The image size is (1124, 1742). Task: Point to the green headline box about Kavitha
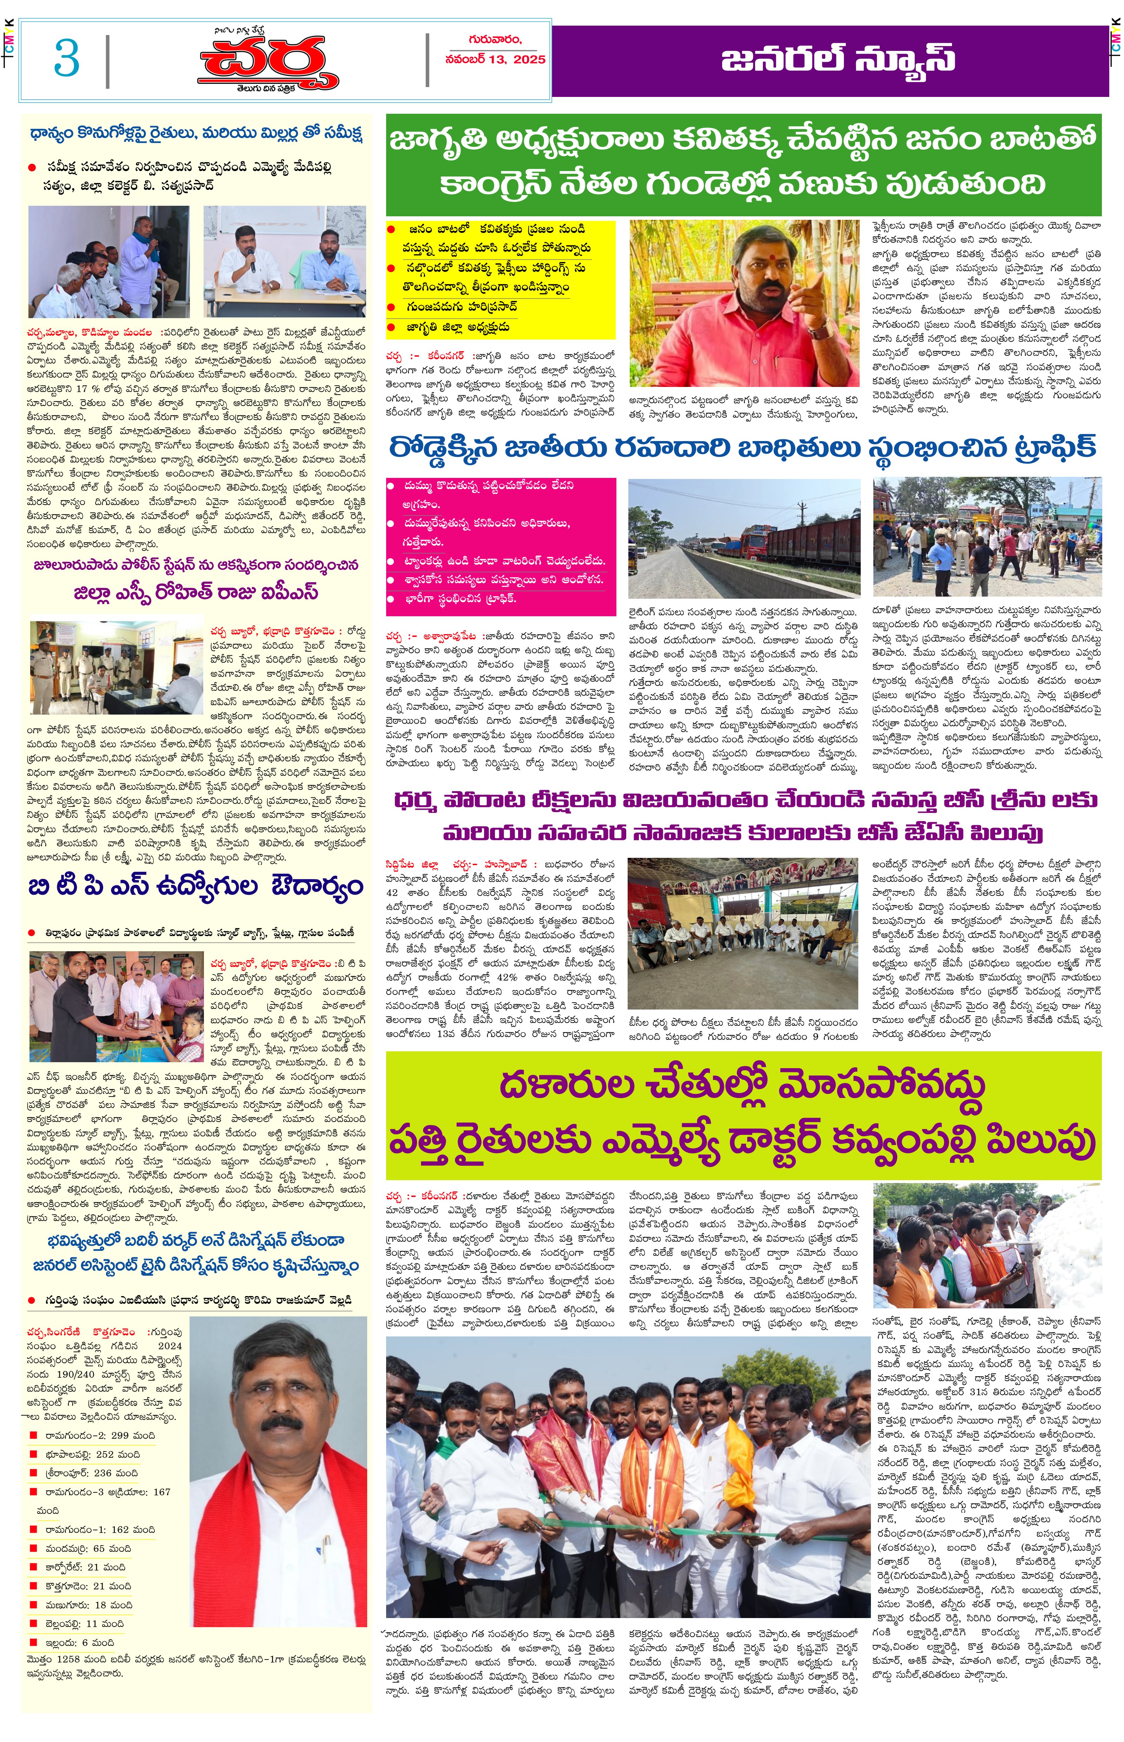tap(743, 164)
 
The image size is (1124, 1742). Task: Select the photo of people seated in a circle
tap(742, 934)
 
